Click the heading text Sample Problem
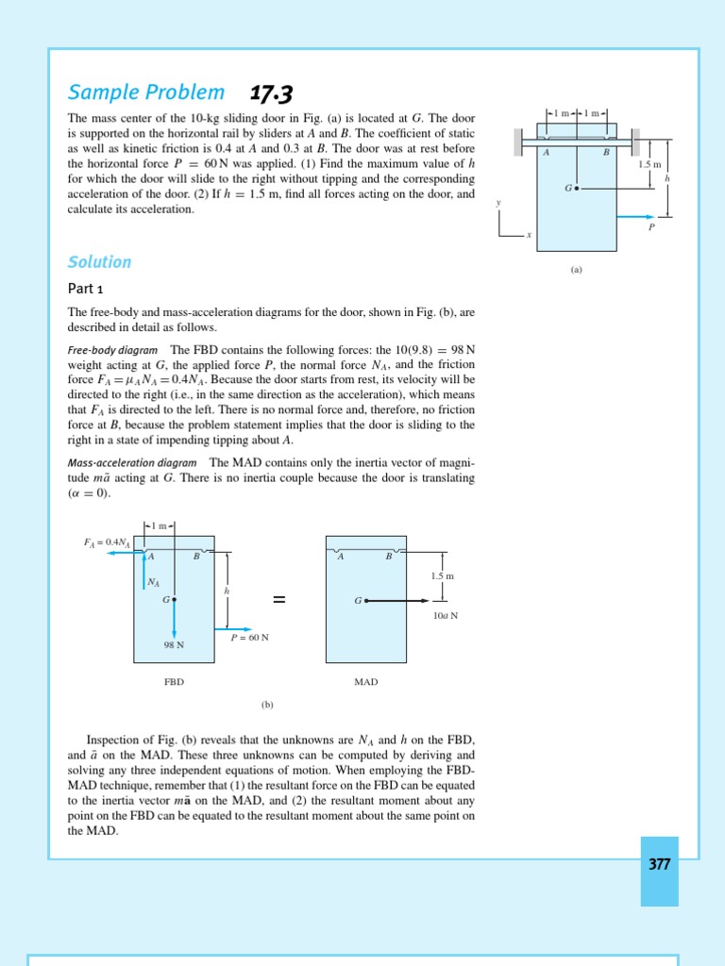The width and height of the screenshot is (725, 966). [146, 92]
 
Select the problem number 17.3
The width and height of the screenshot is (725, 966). [271, 93]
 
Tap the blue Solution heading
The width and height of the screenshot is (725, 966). [99, 262]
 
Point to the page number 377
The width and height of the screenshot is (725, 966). [659, 864]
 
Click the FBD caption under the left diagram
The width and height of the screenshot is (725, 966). [174, 681]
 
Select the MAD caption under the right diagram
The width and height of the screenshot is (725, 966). [365, 681]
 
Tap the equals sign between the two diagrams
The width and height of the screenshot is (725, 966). [278, 601]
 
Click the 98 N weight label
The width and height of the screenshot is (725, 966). [174, 645]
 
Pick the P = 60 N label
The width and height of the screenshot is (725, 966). [250, 638]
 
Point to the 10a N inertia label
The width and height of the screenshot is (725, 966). [446, 615]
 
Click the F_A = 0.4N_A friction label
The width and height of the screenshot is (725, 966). [107, 542]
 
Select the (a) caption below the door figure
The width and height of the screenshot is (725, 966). [576, 269]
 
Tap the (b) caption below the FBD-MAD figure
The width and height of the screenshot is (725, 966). [267, 704]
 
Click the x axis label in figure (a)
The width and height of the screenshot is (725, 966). [529, 235]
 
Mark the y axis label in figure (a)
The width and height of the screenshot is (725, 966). [498, 203]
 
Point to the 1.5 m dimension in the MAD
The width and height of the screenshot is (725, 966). [443, 575]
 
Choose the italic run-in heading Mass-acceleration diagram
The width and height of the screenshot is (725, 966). [132, 463]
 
